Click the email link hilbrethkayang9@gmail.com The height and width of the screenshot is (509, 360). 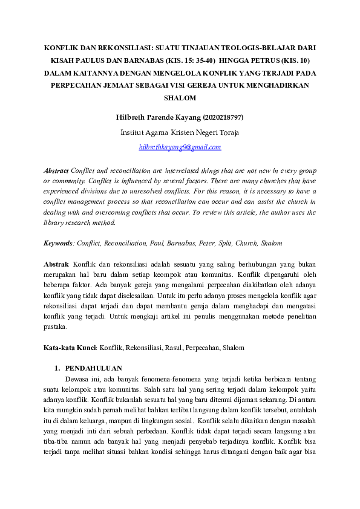tap(180, 147)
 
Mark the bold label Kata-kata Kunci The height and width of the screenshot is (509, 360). tap(70, 348)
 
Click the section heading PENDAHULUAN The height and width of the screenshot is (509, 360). tap(93, 368)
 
